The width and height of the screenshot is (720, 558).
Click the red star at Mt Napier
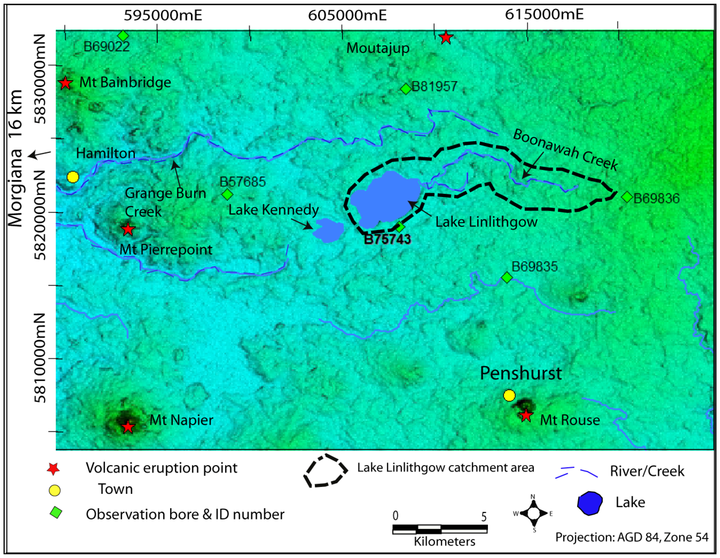click(x=128, y=427)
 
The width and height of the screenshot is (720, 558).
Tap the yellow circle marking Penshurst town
click(x=509, y=395)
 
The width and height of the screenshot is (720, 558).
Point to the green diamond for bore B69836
click(x=627, y=197)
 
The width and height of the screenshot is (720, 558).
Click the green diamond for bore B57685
click(x=227, y=194)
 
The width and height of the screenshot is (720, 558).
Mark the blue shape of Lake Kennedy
click(x=328, y=230)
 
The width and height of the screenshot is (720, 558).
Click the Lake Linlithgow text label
click(x=486, y=222)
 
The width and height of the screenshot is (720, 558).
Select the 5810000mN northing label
click(x=40, y=358)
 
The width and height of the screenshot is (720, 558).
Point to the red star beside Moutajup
click(x=446, y=38)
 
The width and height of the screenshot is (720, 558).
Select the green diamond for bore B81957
click(x=406, y=89)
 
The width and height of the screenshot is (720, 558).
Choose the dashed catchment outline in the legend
click(x=325, y=471)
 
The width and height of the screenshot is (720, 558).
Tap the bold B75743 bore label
click(x=387, y=239)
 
